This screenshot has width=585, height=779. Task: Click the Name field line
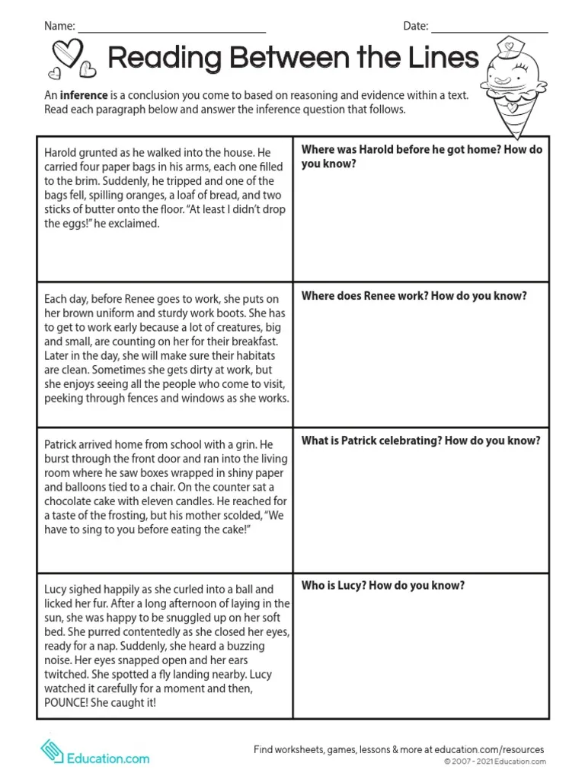pyautogui.click(x=172, y=31)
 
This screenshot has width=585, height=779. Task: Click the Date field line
pyautogui.click(x=489, y=31)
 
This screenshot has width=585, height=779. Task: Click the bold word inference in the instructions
pyautogui.click(x=82, y=97)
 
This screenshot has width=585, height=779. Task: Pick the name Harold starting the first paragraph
pyautogui.click(x=62, y=152)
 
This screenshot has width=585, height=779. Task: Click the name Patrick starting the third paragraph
pyautogui.click(x=61, y=444)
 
